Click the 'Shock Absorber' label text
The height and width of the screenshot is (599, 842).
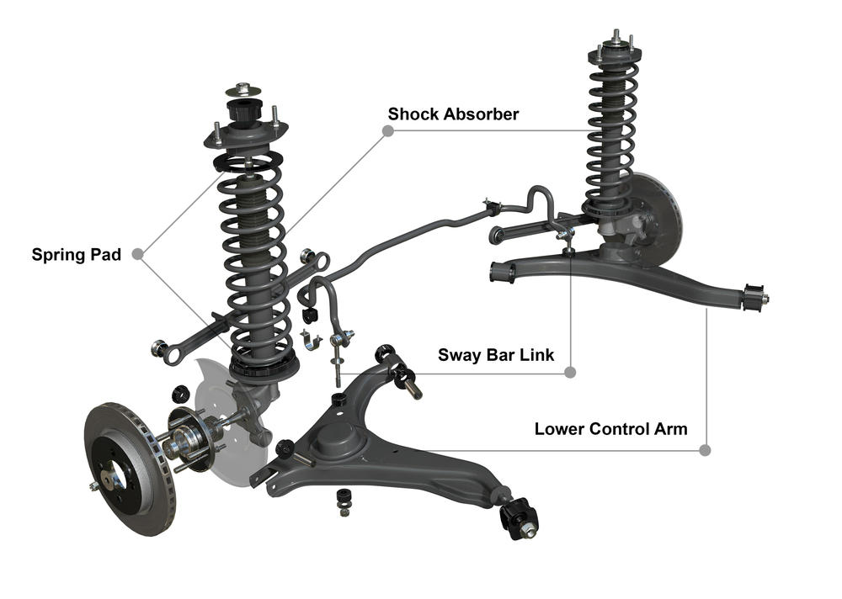click(x=453, y=114)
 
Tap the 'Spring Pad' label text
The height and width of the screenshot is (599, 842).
click(x=77, y=254)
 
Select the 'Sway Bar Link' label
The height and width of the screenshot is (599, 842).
click(x=496, y=355)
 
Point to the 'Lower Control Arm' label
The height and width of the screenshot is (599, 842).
click(x=610, y=429)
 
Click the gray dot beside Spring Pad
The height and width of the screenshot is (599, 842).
click(x=137, y=254)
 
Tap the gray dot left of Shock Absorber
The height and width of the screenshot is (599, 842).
click(x=387, y=130)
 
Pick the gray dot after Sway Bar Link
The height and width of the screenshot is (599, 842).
click(x=570, y=372)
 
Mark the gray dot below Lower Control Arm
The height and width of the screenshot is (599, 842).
click(x=706, y=450)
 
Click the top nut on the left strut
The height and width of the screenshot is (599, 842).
click(x=243, y=87)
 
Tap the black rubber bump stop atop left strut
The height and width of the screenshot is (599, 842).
click(x=244, y=110)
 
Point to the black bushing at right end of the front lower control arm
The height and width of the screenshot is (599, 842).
click(x=520, y=518)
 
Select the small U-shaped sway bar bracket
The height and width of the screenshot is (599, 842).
click(x=311, y=340)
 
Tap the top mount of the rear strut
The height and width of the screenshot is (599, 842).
click(x=615, y=53)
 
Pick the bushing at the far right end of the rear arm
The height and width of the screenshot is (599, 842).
click(x=755, y=298)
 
